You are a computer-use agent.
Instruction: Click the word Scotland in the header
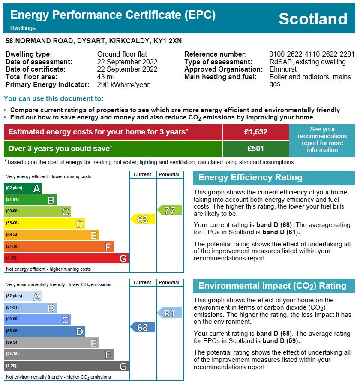tap(313, 19)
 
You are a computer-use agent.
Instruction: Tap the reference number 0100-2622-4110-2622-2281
tap(312, 54)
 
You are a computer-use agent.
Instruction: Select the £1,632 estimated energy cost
tap(255, 132)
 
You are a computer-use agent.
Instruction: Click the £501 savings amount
tap(255, 149)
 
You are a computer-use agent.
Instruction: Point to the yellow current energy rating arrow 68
tap(143, 219)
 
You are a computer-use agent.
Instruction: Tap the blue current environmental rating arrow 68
tap(143, 327)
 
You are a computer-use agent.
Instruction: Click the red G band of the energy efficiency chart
tap(66, 258)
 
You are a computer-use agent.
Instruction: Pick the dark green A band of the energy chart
tap(23, 188)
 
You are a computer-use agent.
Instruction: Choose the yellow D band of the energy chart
tap(45, 223)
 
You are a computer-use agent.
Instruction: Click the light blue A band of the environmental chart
tap(23, 296)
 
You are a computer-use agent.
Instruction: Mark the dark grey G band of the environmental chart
tap(66, 366)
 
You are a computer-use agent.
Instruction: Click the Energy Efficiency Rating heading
tap(250, 178)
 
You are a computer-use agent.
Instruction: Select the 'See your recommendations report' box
tap(322, 140)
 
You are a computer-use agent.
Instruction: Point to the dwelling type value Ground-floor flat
tap(122, 54)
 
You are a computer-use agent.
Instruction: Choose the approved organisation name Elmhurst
tap(283, 69)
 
